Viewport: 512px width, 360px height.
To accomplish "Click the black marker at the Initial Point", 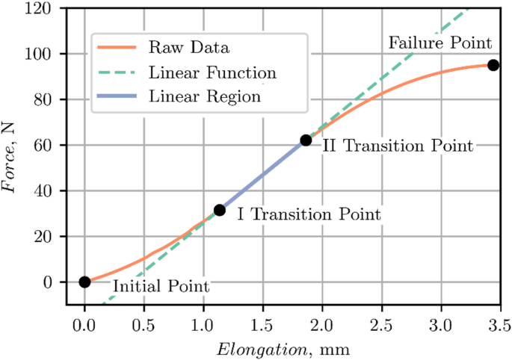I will click(x=84, y=282).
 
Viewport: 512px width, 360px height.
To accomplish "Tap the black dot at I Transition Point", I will click(x=219, y=211).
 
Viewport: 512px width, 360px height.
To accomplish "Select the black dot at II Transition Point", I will click(x=306, y=140).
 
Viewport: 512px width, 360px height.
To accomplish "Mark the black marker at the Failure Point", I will click(x=493, y=65).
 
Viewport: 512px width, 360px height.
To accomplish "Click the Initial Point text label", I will click(x=161, y=286).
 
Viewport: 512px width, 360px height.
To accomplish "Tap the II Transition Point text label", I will click(x=397, y=146).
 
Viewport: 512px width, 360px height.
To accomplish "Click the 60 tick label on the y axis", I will click(x=52, y=145).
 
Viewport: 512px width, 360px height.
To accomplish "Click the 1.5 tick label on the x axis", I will click(x=262, y=326).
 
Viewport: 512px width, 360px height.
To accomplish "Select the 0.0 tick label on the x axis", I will click(x=84, y=326).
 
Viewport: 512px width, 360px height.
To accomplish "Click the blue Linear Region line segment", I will click(x=262, y=175).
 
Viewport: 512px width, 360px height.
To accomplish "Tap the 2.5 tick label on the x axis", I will click(x=381, y=326).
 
